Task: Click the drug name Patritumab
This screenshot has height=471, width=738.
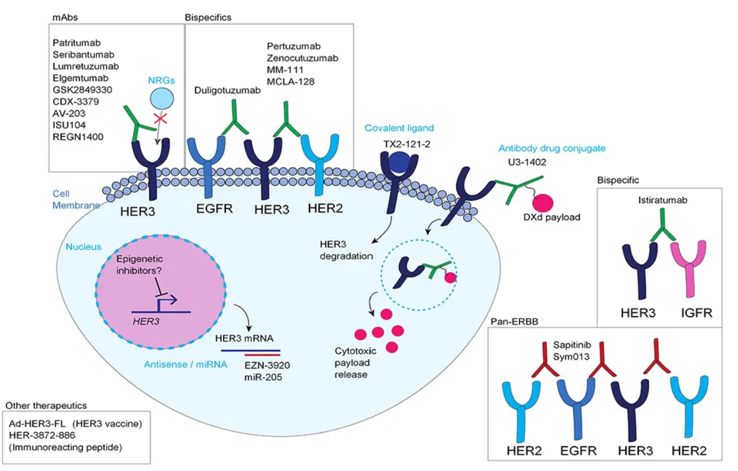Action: [x=76, y=43]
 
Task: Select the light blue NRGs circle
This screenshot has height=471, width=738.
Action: [x=162, y=99]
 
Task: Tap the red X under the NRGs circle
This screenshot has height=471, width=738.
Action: [x=160, y=118]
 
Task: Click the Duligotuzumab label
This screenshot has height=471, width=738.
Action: [x=227, y=90]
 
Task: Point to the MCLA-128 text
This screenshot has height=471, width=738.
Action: [x=290, y=82]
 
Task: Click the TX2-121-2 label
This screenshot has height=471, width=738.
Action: [x=407, y=144]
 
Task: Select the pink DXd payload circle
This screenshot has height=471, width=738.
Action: [x=543, y=202]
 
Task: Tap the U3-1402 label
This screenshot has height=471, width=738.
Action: [x=527, y=162]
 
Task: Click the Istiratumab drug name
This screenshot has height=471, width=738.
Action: [x=662, y=200]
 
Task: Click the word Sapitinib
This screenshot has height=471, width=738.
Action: [x=572, y=345]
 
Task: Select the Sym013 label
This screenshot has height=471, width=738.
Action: [x=571, y=357]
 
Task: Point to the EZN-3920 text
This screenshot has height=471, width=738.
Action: [x=267, y=365]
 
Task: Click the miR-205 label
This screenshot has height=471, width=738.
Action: [x=263, y=377]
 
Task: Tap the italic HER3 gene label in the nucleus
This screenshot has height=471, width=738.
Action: [x=146, y=321]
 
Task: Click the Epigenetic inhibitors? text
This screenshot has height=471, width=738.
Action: [x=139, y=265]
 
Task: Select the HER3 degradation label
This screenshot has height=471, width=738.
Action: [x=346, y=250]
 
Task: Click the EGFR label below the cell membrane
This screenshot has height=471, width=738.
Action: [x=215, y=209]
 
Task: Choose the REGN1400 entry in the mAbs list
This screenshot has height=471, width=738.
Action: [x=77, y=137]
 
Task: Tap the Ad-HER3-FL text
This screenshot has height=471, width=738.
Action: [x=37, y=423]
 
